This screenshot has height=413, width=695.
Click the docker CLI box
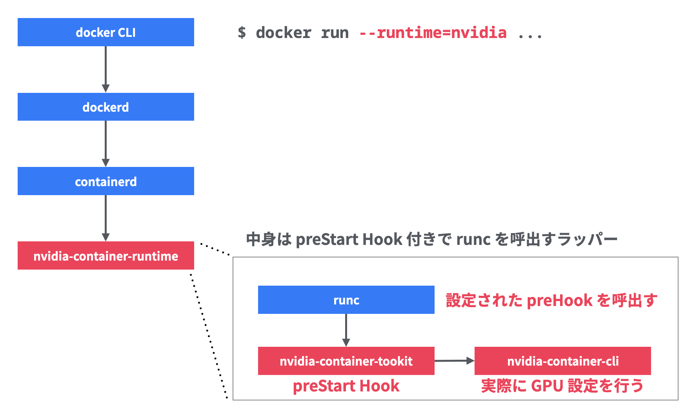(x=106, y=32)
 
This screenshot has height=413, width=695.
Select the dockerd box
(x=106, y=107)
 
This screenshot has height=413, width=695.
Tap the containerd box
(x=106, y=181)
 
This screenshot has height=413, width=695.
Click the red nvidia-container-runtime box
(x=106, y=255)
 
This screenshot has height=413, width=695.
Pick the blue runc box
(x=346, y=300)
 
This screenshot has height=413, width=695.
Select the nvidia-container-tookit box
(x=346, y=361)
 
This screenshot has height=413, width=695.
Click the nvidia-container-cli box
(x=562, y=361)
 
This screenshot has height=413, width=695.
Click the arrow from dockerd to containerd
(x=106, y=143)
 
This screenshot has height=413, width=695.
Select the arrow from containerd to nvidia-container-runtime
(x=106, y=218)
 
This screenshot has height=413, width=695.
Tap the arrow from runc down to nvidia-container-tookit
(x=346, y=330)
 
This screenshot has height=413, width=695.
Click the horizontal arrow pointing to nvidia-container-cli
(x=454, y=361)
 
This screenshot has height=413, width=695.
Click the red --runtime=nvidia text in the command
(x=433, y=33)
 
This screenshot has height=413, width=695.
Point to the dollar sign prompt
(x=242, y=33)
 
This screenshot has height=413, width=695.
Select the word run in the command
(x=335, y=33)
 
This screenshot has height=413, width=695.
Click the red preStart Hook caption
(x=346, y=386)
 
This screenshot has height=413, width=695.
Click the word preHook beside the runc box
(x=559, y=301)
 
